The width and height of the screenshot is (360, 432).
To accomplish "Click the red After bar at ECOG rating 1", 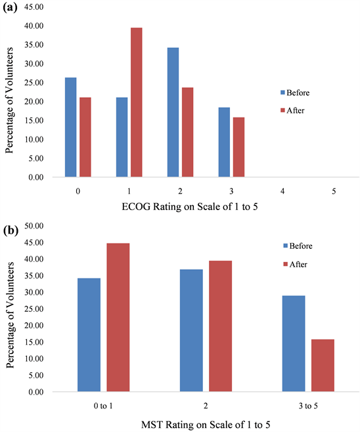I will click(136, 102).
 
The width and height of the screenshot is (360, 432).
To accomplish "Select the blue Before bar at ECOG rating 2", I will click(173, 112).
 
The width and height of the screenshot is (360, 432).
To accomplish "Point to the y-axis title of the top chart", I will click(10, 93).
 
